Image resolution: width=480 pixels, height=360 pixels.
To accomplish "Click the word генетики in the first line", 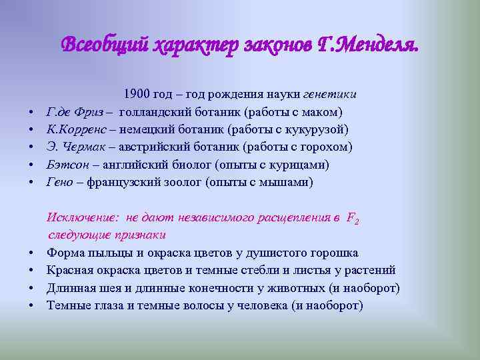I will tap(331, 94).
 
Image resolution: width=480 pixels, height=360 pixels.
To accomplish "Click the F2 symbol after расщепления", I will tap(353, 219).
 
